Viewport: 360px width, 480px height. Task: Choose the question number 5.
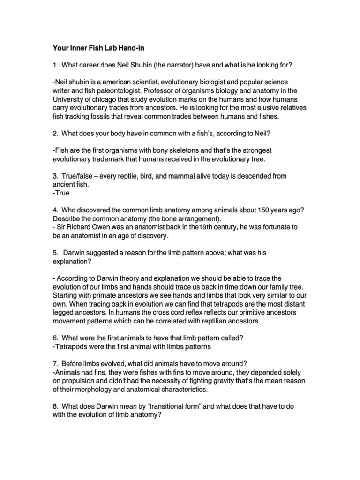tap(54, 253)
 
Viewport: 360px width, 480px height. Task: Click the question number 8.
tap(54, 406)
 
